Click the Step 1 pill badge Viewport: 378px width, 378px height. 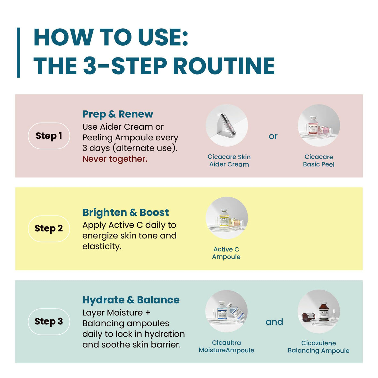pyautogui.click(x=49, y=136)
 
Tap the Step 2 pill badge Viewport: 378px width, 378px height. pyautogui.click(x=49, y=228)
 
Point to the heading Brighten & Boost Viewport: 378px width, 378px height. pyautogui.click(x=126, y=212)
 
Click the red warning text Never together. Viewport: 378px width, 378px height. pyautogui.click(x=115, y=159)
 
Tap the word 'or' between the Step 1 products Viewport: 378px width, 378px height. pyautogui.click(x=273, y=136)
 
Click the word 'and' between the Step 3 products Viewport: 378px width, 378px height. pyautogui.click(x=274, y=322)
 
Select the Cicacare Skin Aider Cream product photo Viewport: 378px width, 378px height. pyautogui.click(x=227, y=125)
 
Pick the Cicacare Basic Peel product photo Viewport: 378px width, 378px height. pyautogui.click(x=319, y=125)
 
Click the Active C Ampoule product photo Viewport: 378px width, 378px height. pyautogui.click(x=227, y=218)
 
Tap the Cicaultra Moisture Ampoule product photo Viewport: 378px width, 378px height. pyautogui.click(x=226, y=311)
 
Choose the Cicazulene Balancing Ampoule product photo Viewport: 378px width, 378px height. pyautogui.click(x=319, y=311)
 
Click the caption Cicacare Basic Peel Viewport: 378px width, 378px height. pyautogui.click(x=319, y=161)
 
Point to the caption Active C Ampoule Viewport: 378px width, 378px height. pyautogui.click(x=226, y=253)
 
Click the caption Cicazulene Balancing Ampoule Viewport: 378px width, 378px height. pyautogui.click(x=319, y=347)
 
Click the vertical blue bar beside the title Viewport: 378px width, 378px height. pyautogui.click(x=18, y=53)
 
